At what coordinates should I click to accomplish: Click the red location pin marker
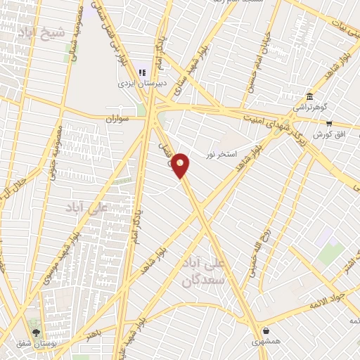(181, 165)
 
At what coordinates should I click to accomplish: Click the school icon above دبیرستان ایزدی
(142, 72)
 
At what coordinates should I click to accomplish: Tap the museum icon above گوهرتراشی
(309, 96)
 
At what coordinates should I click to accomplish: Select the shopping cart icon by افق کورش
(329, 122)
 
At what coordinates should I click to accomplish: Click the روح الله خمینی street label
(257, 250)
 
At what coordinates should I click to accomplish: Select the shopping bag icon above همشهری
(265, 330)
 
